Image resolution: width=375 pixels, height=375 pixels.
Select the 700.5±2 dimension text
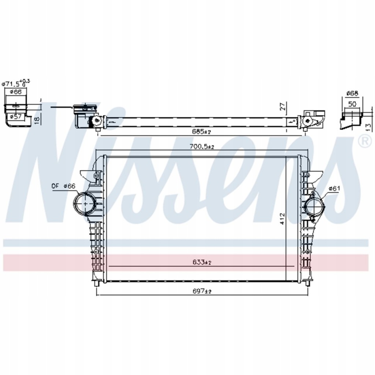pyautogui.click(x=202, y=146)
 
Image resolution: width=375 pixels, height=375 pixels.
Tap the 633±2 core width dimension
pyautogui.click(x=201, y=262)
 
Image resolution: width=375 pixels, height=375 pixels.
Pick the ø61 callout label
pyautogui.click(x=334, y=188)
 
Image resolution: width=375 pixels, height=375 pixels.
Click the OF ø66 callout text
pyautogui.click(x=63, y=186)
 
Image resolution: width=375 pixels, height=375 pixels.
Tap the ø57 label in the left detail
pyautogui.click(x=15, y=116)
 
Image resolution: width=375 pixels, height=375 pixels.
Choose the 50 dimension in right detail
pyautogui.click(x=352, y=104)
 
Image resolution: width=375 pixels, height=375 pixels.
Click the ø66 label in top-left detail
pyautogui.click(x=15, y=92)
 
